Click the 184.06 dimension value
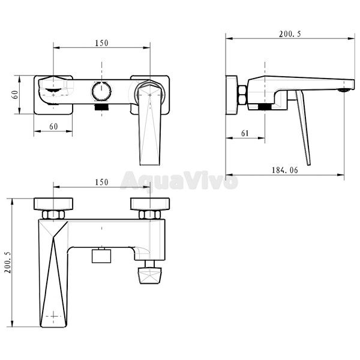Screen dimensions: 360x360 point(284,170)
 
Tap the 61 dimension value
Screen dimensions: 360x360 point(245,133)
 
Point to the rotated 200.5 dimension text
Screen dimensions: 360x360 point(8,262)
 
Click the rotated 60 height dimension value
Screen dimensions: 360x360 point(15,95)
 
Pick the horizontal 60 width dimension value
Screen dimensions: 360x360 point(54,127)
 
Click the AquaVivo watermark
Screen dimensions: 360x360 point(179,181)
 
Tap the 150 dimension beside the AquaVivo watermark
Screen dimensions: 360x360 point(101,182)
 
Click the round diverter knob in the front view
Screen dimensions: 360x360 point(101,91)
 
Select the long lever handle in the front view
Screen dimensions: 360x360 point(149,124)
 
